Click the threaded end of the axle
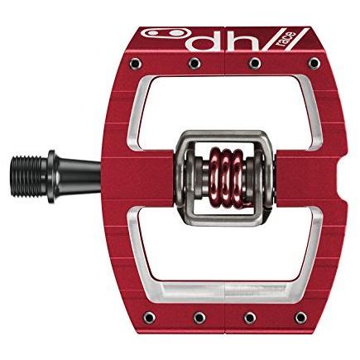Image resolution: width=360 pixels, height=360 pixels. tap(26, 176)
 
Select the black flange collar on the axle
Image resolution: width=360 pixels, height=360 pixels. tap(52, 176)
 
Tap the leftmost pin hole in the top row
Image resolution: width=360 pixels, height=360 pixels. tap(136, 64)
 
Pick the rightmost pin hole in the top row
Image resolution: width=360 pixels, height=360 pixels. tap(314, 64)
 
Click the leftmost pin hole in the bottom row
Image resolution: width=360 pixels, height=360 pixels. tap(150, 318)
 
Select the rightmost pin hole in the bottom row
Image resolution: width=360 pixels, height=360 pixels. tap(301, 318)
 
